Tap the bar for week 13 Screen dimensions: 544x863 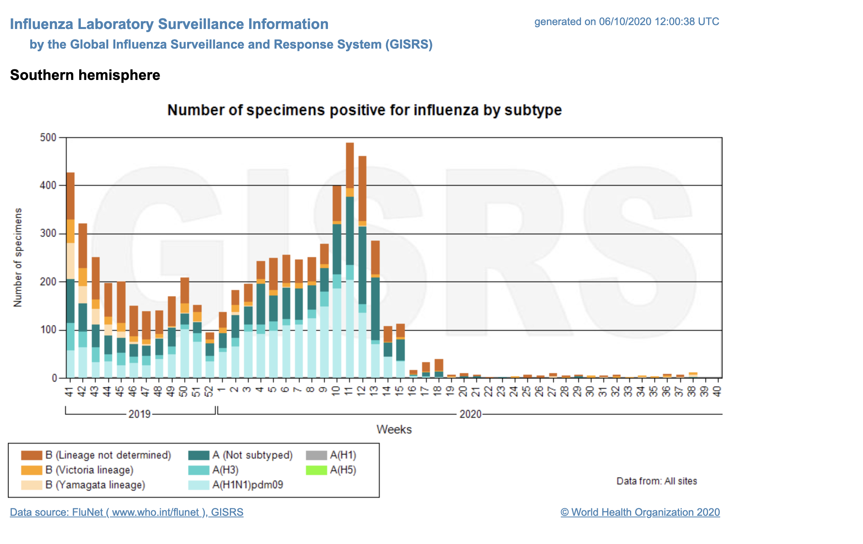click(x=375, y=310)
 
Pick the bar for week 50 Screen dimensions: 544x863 click(x=184, y=327)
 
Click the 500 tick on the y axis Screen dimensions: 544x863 click(x=48, y=138)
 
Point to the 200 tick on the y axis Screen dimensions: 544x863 click(x=48, y=282)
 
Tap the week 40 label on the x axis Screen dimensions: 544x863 click(x=717, y=391)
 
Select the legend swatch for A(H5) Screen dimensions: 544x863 click(x=316, y=470)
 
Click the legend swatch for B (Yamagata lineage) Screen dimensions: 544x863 click(x=31, y=485)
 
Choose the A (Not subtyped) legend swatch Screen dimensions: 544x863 click(x=198, y=455)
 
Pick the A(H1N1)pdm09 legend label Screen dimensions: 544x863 click(x=248, y=485)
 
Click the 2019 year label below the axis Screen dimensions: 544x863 click(x=140, y=414)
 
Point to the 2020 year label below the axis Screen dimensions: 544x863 click(x=470, y=414)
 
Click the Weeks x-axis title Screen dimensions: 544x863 click(x=394, y=430)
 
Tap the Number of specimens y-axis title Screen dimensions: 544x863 click(x=18, y=257)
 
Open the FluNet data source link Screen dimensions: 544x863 click(x=126, y=512)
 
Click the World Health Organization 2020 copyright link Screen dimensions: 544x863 click(x=640, y=512)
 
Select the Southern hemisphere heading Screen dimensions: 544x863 click(x=85, y=75)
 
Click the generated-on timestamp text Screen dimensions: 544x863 click(x=626, y=22)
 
